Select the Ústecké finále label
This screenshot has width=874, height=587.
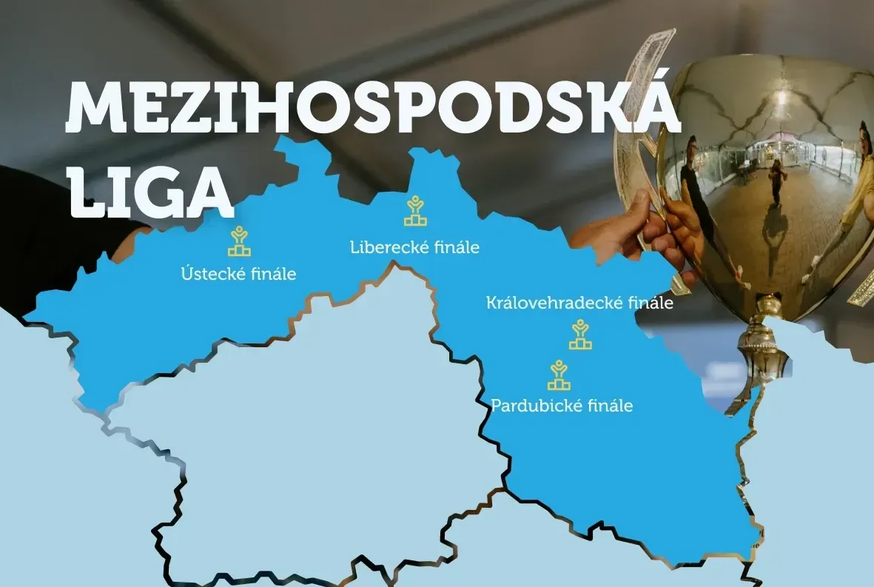(x=238, y=274)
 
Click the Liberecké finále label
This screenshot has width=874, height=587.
(x=414, y=247)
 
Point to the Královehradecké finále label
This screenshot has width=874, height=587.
(x=579, y=303)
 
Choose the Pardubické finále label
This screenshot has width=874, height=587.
(x=562, y=406)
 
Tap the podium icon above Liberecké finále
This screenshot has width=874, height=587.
(x=415, y=212)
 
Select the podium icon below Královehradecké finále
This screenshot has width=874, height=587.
(x=580, y=335)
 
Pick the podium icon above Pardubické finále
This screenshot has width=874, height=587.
(x=559, y=375)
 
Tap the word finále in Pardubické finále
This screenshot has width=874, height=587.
(x=607, y=406)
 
